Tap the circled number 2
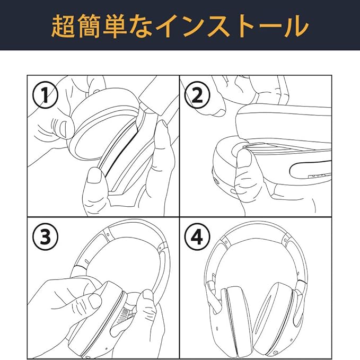pos(196,95)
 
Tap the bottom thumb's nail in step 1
pos(95,175)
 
